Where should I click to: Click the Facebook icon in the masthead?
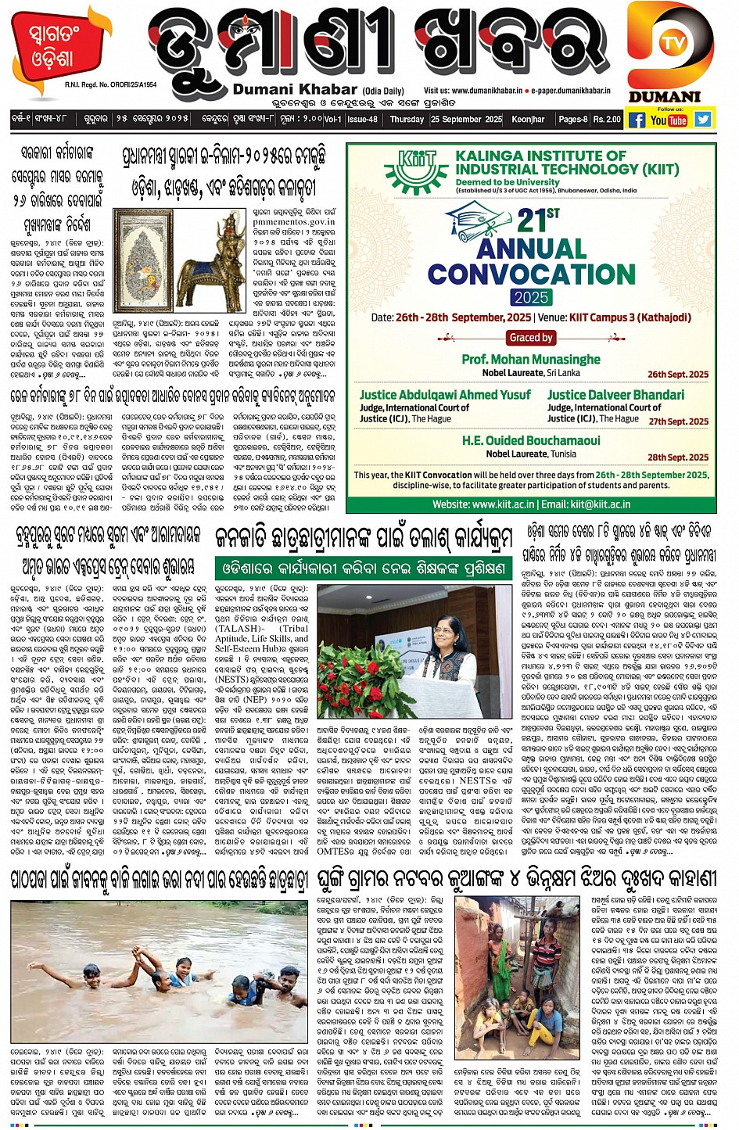[637, 120]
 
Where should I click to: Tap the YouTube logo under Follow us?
[669, 120]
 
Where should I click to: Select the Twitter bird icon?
[702, 120]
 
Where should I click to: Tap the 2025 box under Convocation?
[531, 297]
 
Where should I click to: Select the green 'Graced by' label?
[531, 338]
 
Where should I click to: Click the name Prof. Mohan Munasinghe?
[531, 359]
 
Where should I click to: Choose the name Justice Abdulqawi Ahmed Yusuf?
[445, 395]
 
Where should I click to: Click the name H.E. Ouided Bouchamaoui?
[531, 440]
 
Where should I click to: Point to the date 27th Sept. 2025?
[678, 422]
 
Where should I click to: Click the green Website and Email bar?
[531, 504]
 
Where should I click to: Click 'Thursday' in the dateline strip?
[407, 120]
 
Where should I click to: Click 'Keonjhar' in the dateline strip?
[528, 120]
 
